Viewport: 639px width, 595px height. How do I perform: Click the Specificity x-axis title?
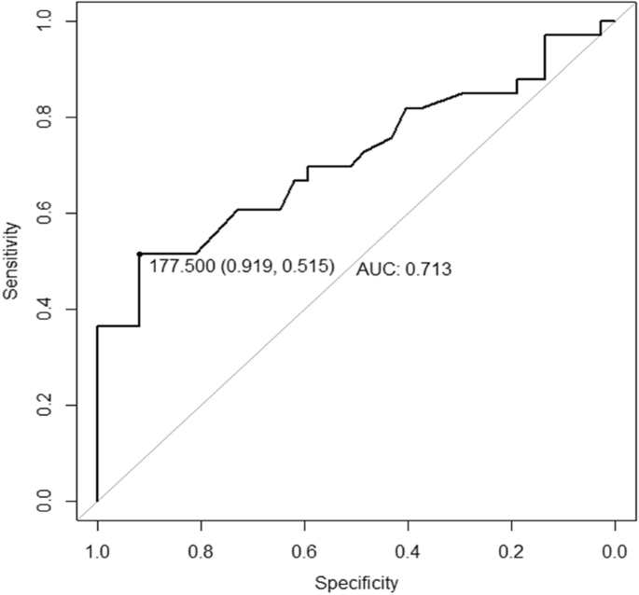355,584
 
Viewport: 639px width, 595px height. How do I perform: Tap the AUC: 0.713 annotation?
403,270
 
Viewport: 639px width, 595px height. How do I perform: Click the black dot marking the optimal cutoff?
139,254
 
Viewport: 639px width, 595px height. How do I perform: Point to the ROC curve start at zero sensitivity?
97,502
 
